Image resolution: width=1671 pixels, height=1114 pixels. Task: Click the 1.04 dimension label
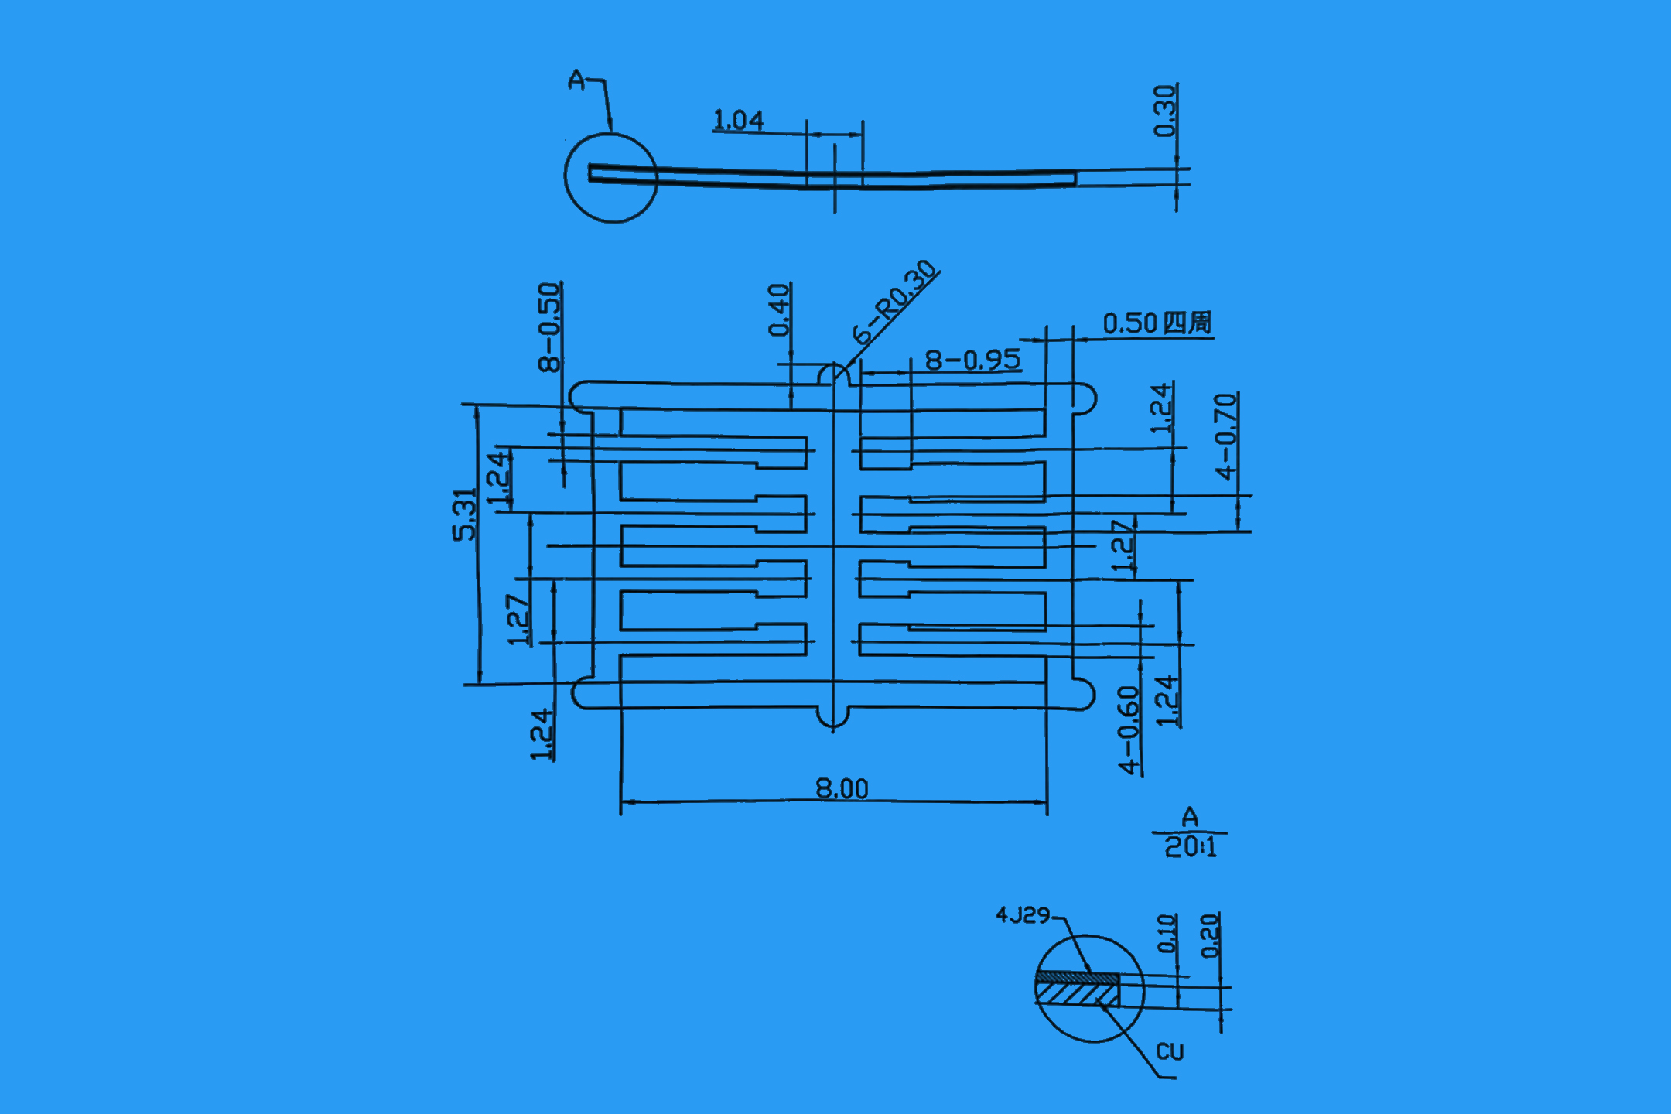pos(737,121)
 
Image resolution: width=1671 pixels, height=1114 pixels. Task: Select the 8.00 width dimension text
pos(842,789)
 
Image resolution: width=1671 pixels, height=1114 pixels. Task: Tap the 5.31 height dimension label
pos(464,514)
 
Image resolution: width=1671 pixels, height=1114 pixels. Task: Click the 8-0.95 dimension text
pos(972,361)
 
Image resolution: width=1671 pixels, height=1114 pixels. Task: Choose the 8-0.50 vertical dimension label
pos(548,326)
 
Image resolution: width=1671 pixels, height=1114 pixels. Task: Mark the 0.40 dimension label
pos(779,309)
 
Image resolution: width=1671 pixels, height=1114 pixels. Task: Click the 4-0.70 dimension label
pos(1225,436)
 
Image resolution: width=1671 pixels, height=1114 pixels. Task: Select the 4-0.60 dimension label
pos(1129,730)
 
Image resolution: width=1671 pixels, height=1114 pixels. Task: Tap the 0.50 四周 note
pos(1157,323)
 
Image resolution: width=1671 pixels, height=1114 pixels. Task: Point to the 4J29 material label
pos(1022,916)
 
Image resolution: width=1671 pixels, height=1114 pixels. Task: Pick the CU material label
pos(1170,1052)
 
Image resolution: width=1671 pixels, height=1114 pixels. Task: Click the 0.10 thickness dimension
pos(1167,933)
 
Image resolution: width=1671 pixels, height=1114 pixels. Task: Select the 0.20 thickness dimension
pos(1209,935)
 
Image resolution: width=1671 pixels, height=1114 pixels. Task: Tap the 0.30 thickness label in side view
pos(1164,111)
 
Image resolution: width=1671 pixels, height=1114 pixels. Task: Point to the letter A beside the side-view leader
pos(576,80)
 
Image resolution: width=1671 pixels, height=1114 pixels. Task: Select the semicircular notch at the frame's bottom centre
pos(833,718)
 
